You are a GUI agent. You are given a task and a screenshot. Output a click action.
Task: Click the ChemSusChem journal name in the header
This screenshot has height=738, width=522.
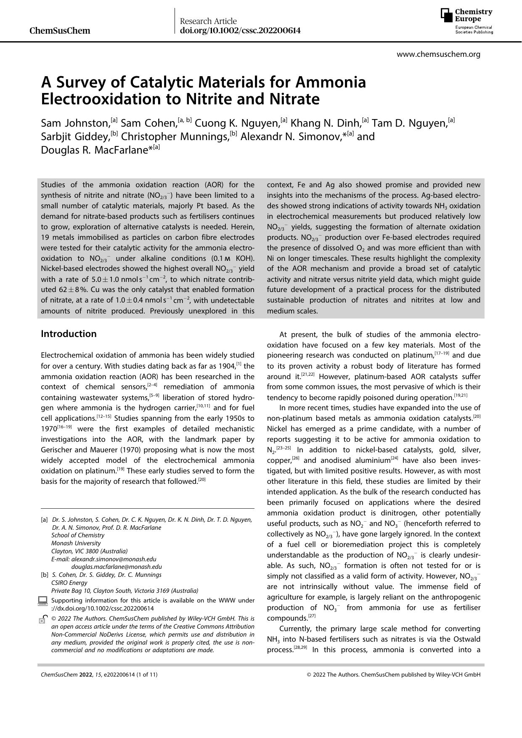(60, 30)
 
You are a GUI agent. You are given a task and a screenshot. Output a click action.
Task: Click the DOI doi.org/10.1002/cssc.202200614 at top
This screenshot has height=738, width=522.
(240, 30)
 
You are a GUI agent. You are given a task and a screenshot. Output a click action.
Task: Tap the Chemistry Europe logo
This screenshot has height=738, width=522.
(466, 21)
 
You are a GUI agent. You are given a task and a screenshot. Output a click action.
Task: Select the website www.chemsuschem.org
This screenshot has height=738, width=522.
(438, 54)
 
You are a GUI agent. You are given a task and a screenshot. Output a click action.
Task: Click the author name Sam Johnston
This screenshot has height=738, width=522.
(75, 123)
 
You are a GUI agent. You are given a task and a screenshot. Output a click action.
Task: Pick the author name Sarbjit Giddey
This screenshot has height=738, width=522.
(75, 137)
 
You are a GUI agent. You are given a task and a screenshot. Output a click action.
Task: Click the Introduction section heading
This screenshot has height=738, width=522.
(69, 334)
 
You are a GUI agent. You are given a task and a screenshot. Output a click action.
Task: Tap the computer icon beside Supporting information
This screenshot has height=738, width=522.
(42, 600)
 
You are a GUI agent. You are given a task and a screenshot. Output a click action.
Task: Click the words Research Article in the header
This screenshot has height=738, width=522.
(208, 21)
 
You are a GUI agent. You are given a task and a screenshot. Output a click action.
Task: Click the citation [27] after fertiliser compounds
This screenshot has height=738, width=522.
(312, 616)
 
